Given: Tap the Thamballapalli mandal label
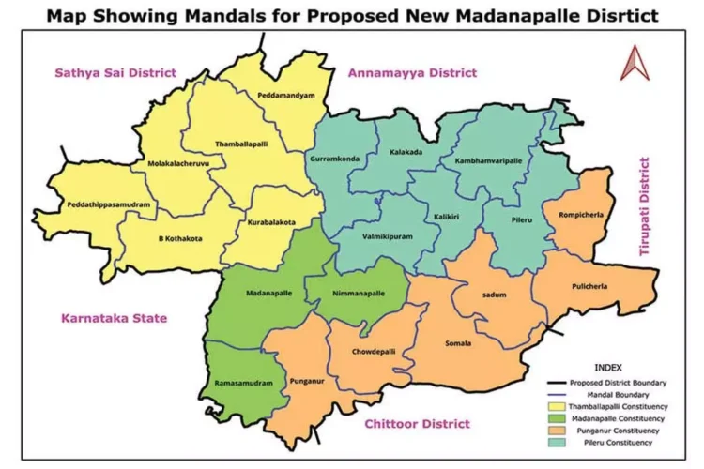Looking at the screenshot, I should tap(242, 144).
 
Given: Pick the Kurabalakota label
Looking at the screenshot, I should tap(272, 222).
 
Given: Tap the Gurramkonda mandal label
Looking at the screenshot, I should tap(334, 159).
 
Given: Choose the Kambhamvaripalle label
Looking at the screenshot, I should tap(488, 160).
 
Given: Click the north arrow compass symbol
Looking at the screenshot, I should tap(635, 63).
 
